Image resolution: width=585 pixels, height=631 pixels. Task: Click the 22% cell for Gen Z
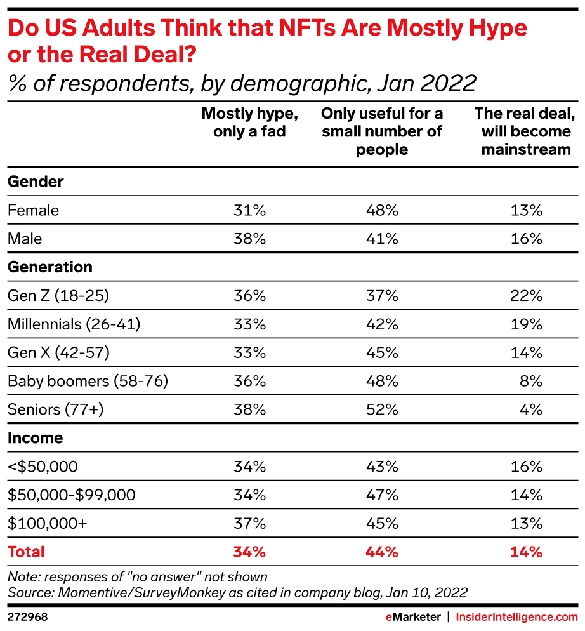(527, 296)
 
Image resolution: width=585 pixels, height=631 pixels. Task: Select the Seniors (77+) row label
(55, 410)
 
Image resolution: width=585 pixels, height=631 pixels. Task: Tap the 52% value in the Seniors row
(382, 410)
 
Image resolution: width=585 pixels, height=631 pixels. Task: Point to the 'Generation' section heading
(50, 267)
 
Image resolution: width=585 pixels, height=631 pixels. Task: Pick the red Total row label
(26, 552)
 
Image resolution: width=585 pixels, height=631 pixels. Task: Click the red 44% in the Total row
(382, 552)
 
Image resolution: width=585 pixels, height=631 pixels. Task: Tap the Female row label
(33, 210)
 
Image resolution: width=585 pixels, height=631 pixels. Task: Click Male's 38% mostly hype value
(249, 239)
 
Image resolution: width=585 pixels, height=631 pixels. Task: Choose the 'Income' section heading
(36, 438)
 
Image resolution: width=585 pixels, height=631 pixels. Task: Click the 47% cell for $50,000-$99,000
(382, 495)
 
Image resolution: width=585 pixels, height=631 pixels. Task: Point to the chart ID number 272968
(28, 617)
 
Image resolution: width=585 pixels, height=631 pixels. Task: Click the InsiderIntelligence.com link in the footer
(517, 617)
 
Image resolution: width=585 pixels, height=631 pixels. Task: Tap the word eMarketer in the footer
(413, 617)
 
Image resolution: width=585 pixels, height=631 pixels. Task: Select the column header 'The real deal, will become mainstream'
(526, 131)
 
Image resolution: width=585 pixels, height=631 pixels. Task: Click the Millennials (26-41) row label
(74, 324)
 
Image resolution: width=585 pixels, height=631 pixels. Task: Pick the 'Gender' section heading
(36, 182)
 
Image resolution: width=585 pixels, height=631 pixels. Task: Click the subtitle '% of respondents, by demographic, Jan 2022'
(242, 83)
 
